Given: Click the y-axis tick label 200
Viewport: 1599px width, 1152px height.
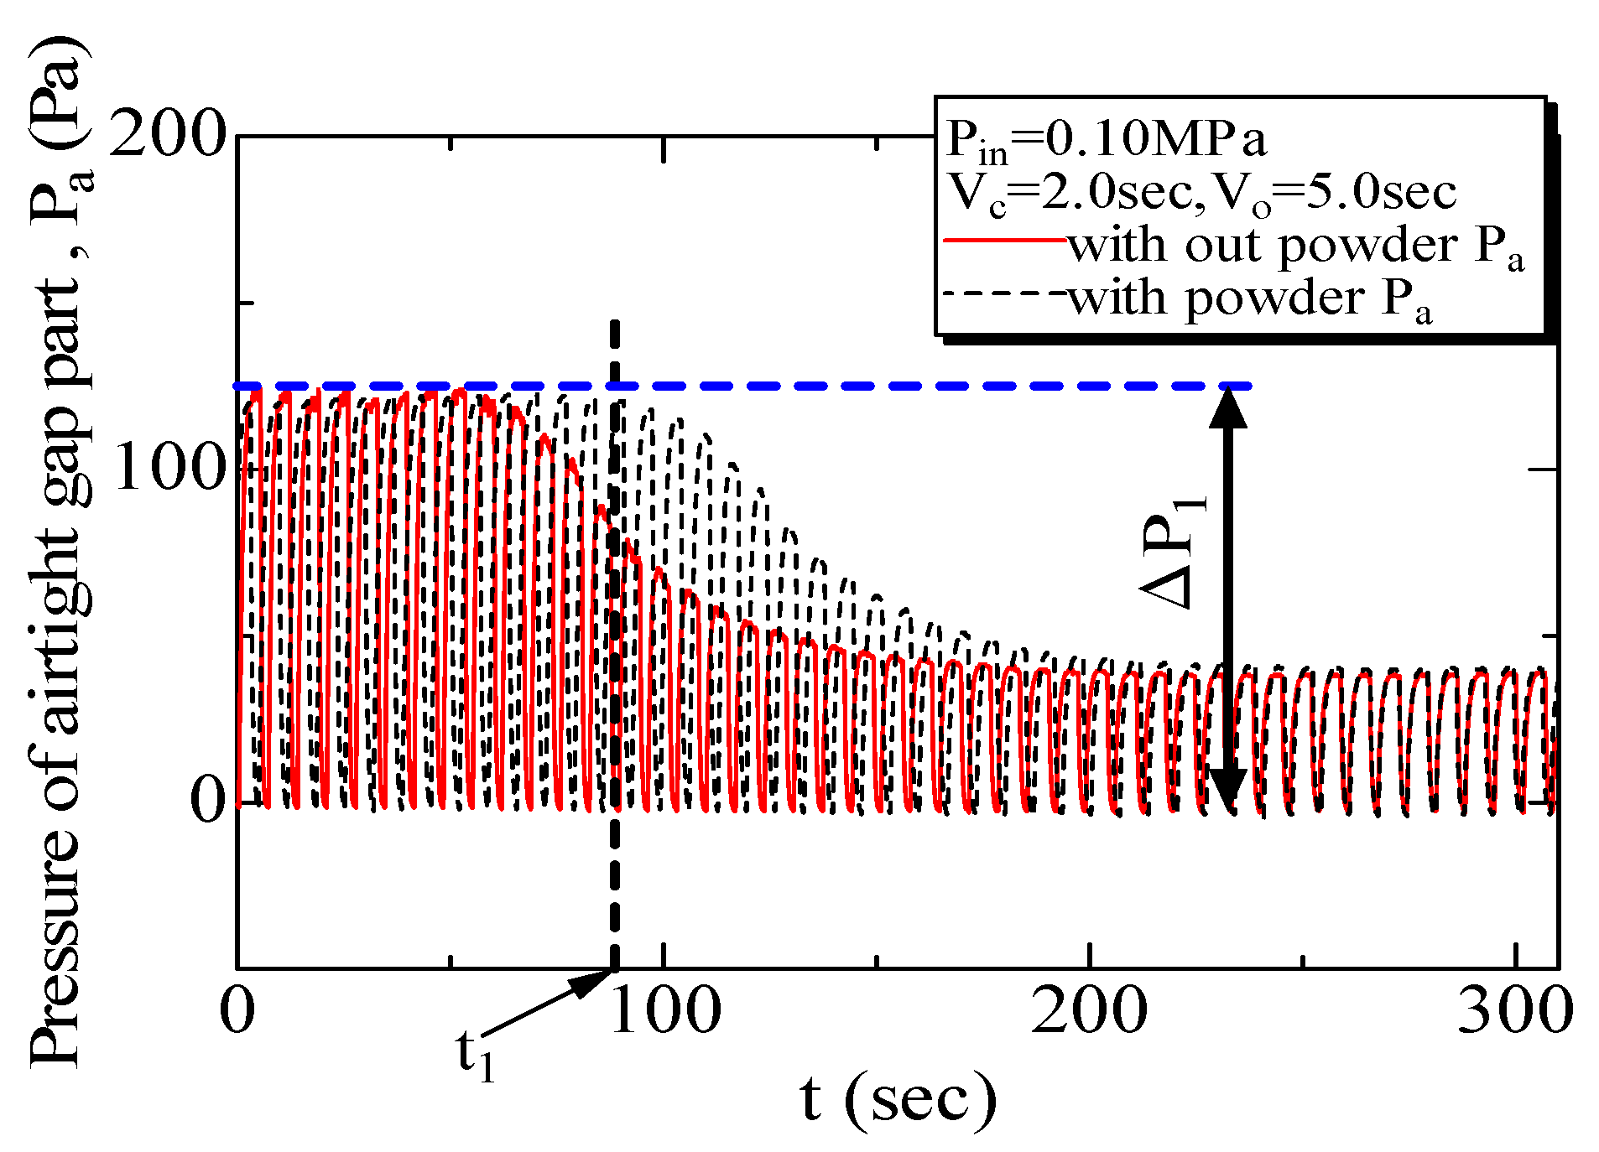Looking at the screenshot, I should (169, 134).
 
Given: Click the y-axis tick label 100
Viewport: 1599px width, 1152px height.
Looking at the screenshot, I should (169, 467).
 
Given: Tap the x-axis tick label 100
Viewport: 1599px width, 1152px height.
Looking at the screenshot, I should (665, 1010).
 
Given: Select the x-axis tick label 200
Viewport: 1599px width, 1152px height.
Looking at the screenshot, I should (1089, 1010).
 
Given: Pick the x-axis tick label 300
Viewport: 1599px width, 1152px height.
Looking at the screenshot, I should (1514, 1010).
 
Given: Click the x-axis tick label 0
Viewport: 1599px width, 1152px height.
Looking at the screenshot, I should (237, 1010).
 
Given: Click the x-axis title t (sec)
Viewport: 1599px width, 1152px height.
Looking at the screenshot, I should (898, 1098).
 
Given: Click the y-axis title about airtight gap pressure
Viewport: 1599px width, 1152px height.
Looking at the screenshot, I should (59, 553).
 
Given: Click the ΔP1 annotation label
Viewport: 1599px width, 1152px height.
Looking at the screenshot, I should (1175, 549).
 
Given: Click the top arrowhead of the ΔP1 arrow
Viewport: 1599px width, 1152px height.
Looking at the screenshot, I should (1227, 407).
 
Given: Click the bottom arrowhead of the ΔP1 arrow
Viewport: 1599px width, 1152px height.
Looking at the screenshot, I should (1227, 788).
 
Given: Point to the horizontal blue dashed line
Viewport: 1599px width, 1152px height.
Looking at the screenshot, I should (839, 386).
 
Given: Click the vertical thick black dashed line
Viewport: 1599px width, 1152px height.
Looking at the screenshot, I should (615, 880).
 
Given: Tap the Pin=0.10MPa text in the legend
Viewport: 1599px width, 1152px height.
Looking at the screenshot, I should (1106, 140).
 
